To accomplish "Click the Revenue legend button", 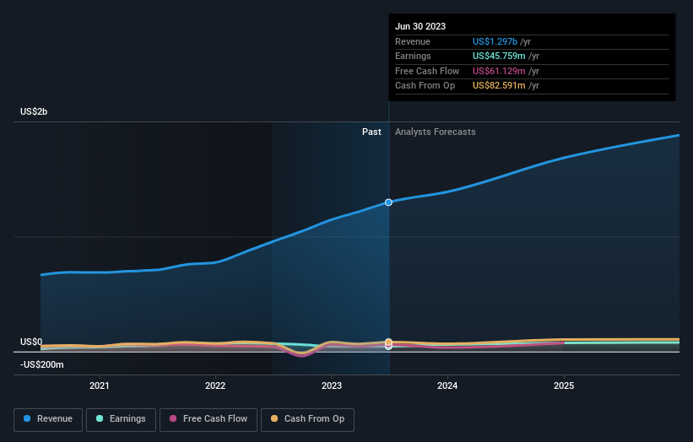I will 48,418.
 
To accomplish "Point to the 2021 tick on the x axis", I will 100,385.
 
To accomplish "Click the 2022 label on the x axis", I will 215,385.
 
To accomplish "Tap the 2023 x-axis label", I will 332,385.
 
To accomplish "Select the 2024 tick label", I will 447,385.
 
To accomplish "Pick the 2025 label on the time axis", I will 564,385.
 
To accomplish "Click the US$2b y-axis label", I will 35,112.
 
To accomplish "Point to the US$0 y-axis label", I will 31,342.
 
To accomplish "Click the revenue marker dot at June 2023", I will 388,202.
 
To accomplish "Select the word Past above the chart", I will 371,132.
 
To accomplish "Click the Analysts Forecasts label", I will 435,132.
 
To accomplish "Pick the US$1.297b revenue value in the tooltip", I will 498,41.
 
